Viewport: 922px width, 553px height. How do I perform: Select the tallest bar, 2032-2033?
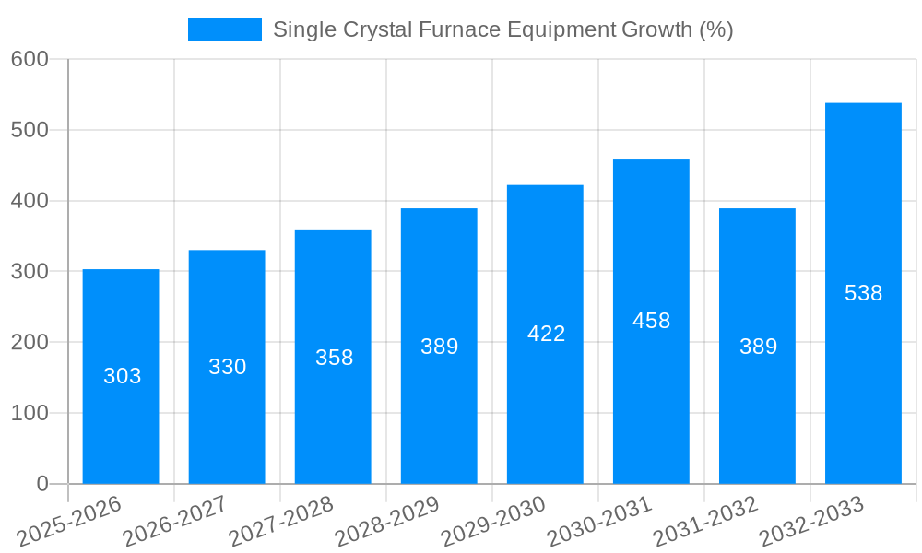[x=863, y=387]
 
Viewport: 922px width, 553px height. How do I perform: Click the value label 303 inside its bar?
[x=122, y=376]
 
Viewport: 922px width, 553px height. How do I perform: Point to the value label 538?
[x=863, y=293]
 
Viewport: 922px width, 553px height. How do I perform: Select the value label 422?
[x=546, y=334]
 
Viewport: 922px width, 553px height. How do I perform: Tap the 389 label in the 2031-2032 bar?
[x=758, y=347]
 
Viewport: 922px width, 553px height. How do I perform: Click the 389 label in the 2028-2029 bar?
[x=439, y=347]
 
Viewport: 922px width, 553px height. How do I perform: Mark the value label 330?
[x=227, y=367]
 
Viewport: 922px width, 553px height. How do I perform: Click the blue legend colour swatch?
[x=224, y=29]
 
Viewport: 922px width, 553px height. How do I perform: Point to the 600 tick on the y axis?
[x=30, y=59]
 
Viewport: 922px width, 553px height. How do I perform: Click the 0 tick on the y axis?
[x=42, y=484]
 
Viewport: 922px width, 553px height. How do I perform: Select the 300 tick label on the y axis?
[x=30, y=272]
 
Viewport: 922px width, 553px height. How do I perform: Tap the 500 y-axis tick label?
[x=30, y=130]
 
